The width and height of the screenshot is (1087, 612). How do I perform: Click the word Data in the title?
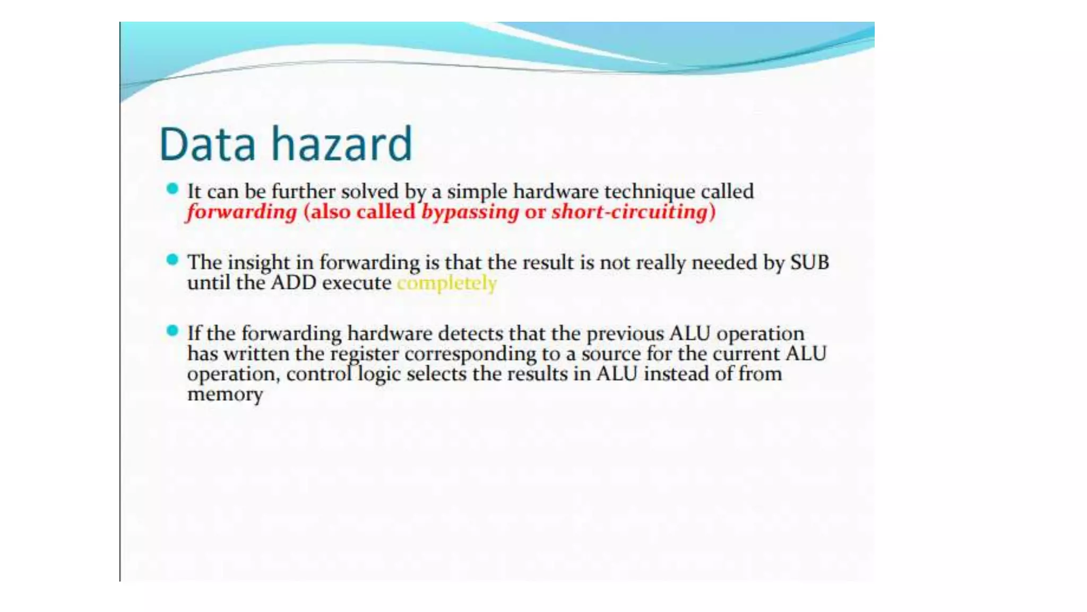click(208, 144)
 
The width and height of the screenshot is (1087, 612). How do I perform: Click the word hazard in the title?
click(342, 144)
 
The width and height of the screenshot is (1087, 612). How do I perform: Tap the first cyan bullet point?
click(172, 189)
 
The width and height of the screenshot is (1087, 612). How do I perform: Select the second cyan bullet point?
click(172, 260)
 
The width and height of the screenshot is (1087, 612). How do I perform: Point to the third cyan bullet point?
click(172, 331)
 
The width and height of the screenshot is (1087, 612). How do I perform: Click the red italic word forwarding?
click(242, 212)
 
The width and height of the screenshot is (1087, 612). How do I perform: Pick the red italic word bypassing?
click(470, 212)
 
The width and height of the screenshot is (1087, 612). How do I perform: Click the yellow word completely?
click(447, 283)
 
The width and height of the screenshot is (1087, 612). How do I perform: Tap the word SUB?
click(809, 262)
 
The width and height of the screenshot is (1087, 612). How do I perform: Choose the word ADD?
click(294, 283)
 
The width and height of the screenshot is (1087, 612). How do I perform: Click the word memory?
click(225, 394)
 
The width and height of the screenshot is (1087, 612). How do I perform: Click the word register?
click(364, 354)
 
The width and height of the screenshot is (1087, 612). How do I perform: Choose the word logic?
click(379, 375)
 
